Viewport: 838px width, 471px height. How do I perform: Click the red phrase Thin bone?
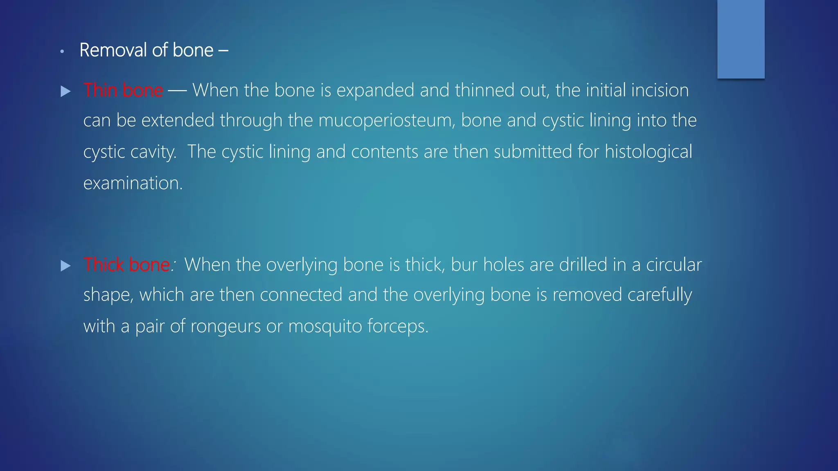coord(123,90)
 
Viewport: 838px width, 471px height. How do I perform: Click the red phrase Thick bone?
coord(126,265)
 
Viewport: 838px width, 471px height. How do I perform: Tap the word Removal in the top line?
coord(113,50)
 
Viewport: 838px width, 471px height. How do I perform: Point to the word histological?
coord(648,152)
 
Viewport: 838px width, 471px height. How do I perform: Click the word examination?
coord(133,183)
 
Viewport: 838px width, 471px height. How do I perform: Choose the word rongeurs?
coord(225,327)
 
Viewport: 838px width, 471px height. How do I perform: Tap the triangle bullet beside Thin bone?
coord(65,91)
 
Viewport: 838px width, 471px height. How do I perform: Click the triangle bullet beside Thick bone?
coord(65,266)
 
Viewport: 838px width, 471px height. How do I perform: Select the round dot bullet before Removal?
coord(62,52)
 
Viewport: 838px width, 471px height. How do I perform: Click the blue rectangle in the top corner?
coord(741,39)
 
